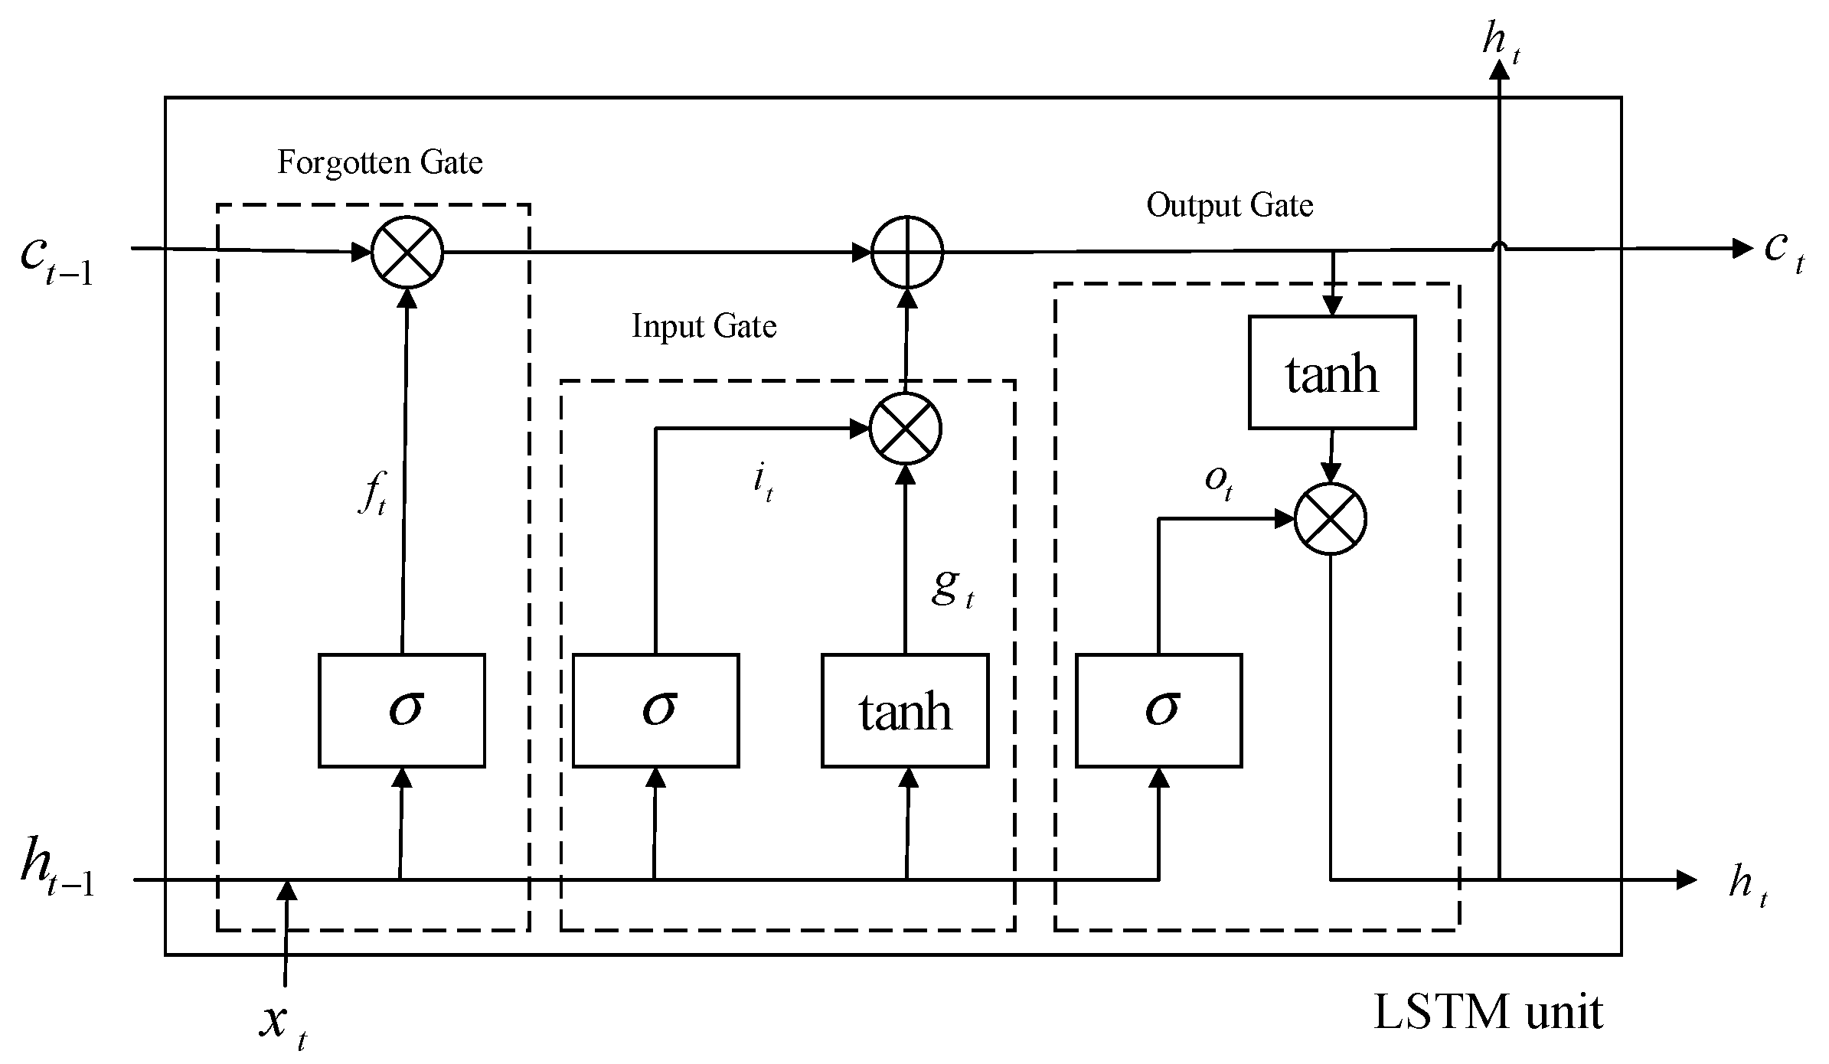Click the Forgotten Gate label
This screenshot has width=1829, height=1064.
coord(380,163)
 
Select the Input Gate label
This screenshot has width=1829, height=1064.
coord(704,327)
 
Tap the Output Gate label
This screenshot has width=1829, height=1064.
coord(1230,206)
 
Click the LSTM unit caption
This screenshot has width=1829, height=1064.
coord(1488,1012)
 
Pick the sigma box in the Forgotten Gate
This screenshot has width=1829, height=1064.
coord(401,710)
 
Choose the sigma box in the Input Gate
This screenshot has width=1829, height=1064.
coord(655,710)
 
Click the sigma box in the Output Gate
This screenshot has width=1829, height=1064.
coord(1158,710)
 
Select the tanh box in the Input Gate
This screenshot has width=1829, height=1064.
coord(905,710)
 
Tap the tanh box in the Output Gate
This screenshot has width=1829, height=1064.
coord(1331,372)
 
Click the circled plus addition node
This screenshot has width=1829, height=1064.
coord(907,252)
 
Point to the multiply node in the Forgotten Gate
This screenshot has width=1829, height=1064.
coord(407,252)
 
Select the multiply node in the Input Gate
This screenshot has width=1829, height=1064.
coord(906,429)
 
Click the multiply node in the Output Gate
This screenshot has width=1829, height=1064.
coord(1330,519)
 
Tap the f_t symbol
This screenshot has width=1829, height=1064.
coord(373,496)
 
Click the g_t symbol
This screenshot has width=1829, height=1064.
coord(952,588)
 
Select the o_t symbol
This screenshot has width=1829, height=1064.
coord(1218,482)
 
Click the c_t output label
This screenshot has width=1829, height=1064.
coord(1784,251)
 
